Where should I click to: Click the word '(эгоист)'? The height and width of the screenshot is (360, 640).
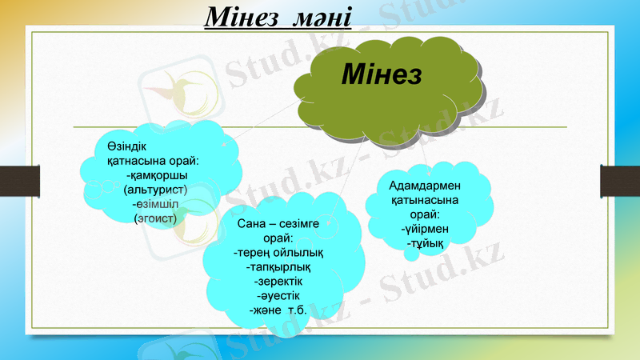tap(155, 217)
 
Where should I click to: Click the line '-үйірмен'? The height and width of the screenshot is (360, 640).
tap(424, 229)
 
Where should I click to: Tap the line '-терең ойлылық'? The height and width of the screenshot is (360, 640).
tap(278, 253)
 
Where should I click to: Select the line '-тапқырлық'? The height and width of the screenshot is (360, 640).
tap(278, 267)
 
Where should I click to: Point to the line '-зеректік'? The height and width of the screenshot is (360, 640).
tap(278, 282)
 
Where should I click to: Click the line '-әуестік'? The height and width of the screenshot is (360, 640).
tap(278, 296)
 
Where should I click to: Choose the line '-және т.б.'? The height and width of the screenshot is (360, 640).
tap(278, 310)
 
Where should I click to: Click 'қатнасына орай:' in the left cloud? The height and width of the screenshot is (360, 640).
tap(153, 161)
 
